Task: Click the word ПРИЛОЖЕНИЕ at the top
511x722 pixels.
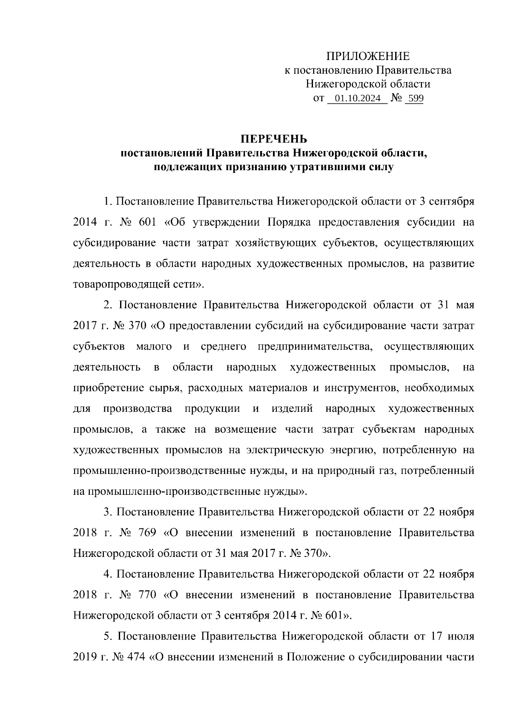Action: click(367, 57)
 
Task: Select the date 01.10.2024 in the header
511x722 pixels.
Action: click(358, 99)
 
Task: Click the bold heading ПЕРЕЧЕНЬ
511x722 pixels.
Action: click(274, 139)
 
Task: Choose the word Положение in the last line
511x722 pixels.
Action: click(314, 657)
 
